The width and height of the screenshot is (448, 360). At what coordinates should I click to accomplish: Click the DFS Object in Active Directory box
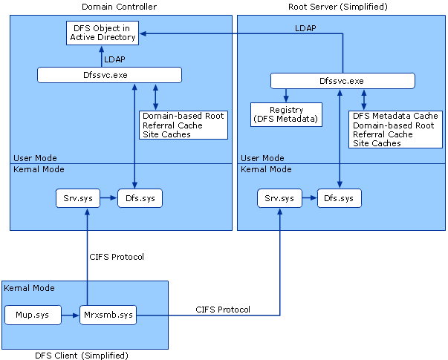click(102, 33)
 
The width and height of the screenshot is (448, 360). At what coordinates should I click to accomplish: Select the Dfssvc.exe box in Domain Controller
click(109, 75)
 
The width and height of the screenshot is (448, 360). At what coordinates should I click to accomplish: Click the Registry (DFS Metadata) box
click(286, 114)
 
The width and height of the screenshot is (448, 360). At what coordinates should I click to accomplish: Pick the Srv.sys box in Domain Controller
click(77, 198)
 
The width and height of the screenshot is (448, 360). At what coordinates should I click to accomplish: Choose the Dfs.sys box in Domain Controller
click(140, 198)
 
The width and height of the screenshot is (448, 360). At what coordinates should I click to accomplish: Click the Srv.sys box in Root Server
click(279, 198)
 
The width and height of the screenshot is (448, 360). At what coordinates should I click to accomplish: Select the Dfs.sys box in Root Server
click(340, 198)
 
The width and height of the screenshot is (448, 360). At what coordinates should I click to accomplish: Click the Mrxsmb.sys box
click(108, 315)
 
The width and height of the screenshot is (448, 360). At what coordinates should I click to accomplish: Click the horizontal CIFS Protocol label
click(223, 309)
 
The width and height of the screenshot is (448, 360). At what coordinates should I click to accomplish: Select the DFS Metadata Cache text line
click(395, 116)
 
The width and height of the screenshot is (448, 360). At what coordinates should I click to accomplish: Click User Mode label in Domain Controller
click(35, 158)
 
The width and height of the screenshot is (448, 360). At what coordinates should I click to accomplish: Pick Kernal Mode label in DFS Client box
click(30, 288)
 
